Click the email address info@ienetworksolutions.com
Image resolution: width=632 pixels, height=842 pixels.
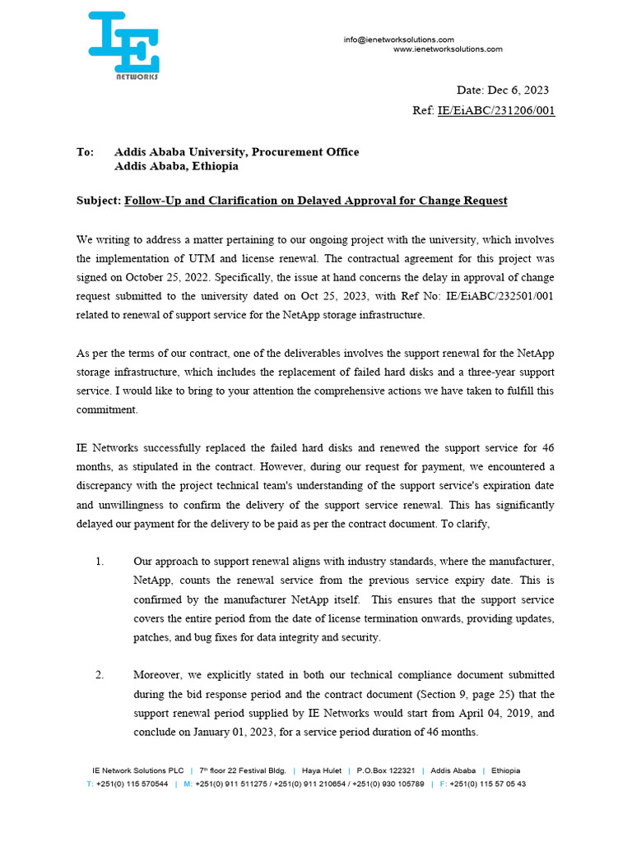399,39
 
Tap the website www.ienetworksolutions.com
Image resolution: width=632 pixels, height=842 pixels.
448,49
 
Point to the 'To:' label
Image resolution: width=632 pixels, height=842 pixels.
86,152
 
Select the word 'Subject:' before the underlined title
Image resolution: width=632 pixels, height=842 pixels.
98,201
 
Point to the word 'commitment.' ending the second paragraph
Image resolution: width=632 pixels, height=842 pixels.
107,409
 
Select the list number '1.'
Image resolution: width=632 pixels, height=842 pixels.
100,562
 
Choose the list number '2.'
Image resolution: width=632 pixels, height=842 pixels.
100,675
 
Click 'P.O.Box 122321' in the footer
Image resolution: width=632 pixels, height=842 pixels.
385,771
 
